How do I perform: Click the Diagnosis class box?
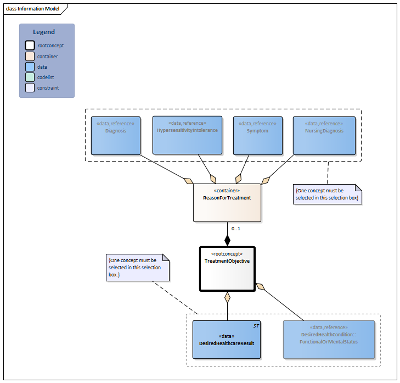coord(116,135)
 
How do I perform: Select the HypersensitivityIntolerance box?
coord(187,135)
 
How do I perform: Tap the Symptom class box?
coord(257,135)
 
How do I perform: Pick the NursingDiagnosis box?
coord(324,135)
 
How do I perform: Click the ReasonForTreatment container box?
coord(227,202)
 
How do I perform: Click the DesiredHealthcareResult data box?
coord(226,339)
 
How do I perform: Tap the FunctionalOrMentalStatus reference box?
coord(329,339)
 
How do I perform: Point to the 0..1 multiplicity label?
coord(236,228)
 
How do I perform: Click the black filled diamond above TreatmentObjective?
coord(227,240)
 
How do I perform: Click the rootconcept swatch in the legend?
coord(30,46)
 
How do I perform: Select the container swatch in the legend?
coord(30,56)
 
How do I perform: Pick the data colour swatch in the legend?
coord(30,66)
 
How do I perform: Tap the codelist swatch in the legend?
coord(30,77)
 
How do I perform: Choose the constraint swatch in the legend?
coord(30,87)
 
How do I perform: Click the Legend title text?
coord(44,32)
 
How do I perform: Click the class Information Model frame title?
coord(33,9)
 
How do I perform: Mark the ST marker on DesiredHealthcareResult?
coord(256,326)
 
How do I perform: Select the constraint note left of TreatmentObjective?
coord(138,268)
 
